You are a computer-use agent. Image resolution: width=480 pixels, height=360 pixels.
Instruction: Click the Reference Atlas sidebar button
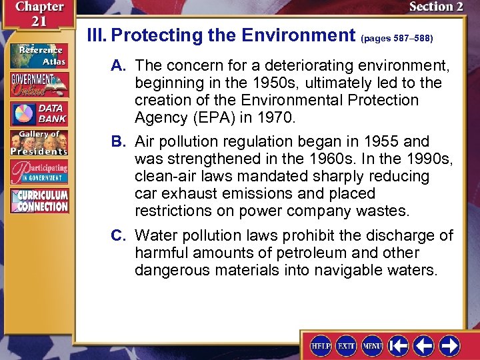tap(39, 55)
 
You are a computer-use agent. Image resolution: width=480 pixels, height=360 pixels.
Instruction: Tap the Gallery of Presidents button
tap(39, 143)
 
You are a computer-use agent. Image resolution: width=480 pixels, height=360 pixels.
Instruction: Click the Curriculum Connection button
tap(39, 201)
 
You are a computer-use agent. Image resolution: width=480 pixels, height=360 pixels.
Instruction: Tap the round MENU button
tap(372, 345)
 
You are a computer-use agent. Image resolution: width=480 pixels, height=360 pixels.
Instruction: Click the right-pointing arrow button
tap(449, 345)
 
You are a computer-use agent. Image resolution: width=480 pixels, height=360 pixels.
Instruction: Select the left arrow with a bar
tap(399, 345)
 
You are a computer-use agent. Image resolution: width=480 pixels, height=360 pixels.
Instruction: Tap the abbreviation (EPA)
tap(203, 118)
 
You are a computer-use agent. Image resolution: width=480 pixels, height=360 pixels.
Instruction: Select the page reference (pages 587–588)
tap(397, 39)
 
